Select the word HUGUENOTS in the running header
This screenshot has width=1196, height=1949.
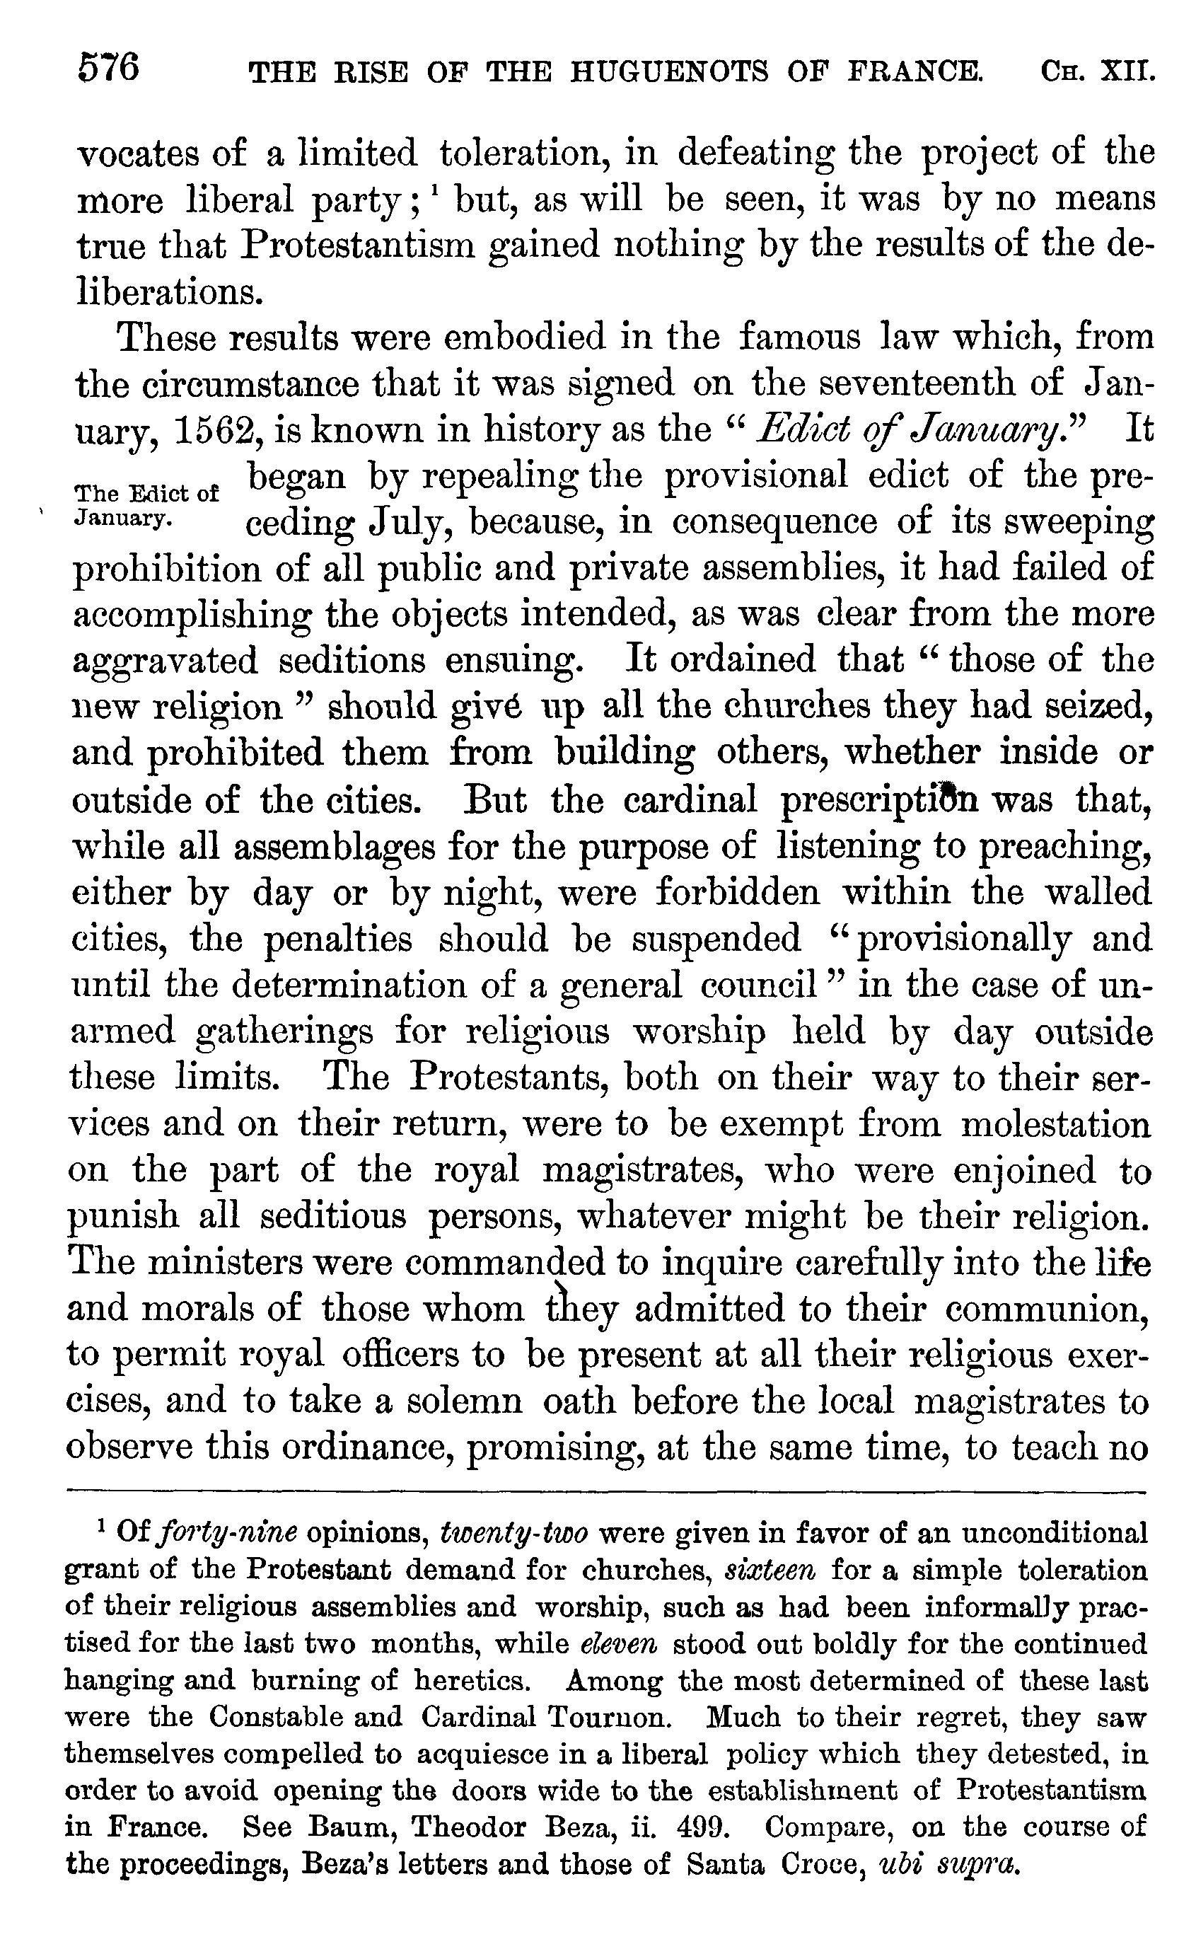pyautogui.click(x=668, y=72)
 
